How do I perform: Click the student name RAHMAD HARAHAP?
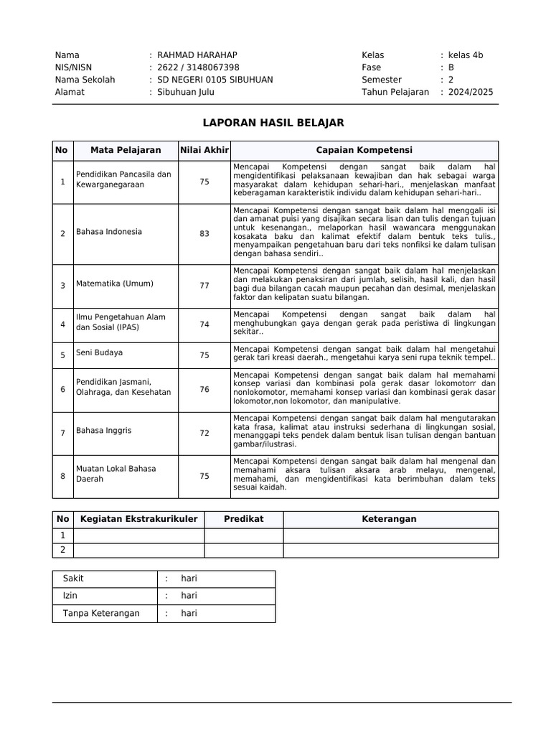click(197, 55)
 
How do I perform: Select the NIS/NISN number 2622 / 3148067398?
click(198, 67)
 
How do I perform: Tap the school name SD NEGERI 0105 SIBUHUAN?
click(215, 80)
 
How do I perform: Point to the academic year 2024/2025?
click(471, 92)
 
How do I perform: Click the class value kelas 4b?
click(466, 55)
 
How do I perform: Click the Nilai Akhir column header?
click(204, 150)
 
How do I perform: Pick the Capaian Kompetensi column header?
click(364, 150)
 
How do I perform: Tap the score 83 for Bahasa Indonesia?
click(204, 233)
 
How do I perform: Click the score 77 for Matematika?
click(204, 285)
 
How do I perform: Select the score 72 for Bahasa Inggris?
click(204, 433)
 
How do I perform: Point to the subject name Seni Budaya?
click(99, 352)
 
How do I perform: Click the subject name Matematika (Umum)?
click(115, 284)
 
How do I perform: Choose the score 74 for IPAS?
click(204, 324)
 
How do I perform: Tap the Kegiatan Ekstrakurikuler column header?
click(139, 519)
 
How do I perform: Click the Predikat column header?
click(244, 519)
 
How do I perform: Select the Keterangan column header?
click(390, 519)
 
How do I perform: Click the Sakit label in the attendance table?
click(74, 579)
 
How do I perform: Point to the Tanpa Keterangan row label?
click(101, 614)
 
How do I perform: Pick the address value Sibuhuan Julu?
click(186, 92)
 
